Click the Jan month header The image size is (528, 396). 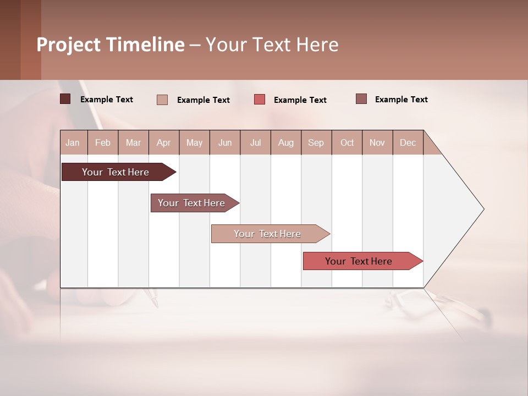pyautogui.click(x=73, y=142)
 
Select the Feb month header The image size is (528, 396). pyautogui.click(x=103, y=142)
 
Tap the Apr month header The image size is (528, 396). pyautogui.click(x=163, y=142)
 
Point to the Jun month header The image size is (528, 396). pyautogui.click(x=225, y=142)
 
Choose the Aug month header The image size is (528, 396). pyautogui.click(x=285, y=142)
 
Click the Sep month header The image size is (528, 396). pyautogui.click(x=316, y=142)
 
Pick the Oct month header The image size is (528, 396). pyautogui.click(x=347, y=142)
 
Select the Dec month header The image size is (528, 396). pyautogui.click(x=408, y=142)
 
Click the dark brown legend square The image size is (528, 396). pyautogui.click(x=65, y=99)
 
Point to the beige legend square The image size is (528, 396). pyautogui.click(x=162, y=100)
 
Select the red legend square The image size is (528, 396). pyautogui.click(x=260, y=100)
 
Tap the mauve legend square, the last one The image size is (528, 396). pyautogui.click(x=361, y=99)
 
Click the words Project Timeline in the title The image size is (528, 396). pyautogui.click(x=111, y=45)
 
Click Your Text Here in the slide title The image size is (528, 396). pyautogui.click(x=272, y=45)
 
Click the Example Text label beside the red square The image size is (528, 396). pyautogui.click(x=300, y=100)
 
